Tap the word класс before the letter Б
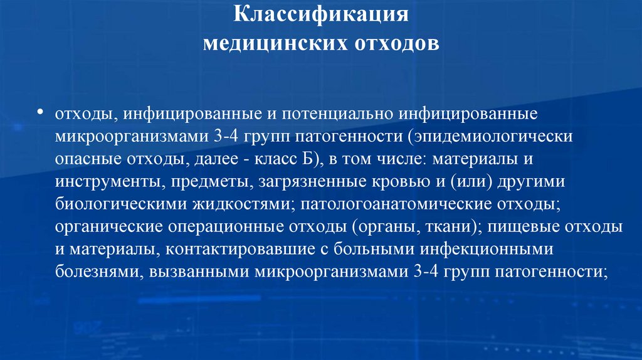point(280,159)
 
